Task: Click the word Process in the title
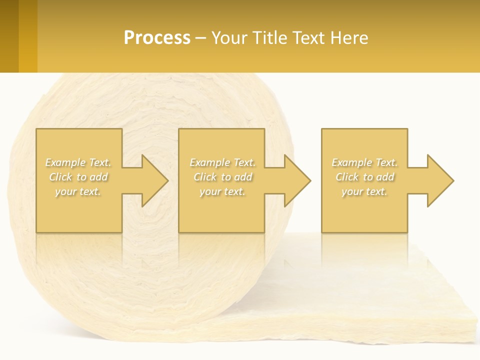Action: (157, 38)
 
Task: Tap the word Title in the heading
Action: (269, 38)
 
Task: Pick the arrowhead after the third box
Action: (439, 180)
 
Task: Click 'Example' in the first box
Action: (65, 162)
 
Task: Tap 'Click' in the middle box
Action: (204, 177)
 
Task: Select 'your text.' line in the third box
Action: (364, 191)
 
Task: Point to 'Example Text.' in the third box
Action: (364, 162)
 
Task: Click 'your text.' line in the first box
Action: (77, 191)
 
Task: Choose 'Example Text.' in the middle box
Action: (222, 162)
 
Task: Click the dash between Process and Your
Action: (201, 38)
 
